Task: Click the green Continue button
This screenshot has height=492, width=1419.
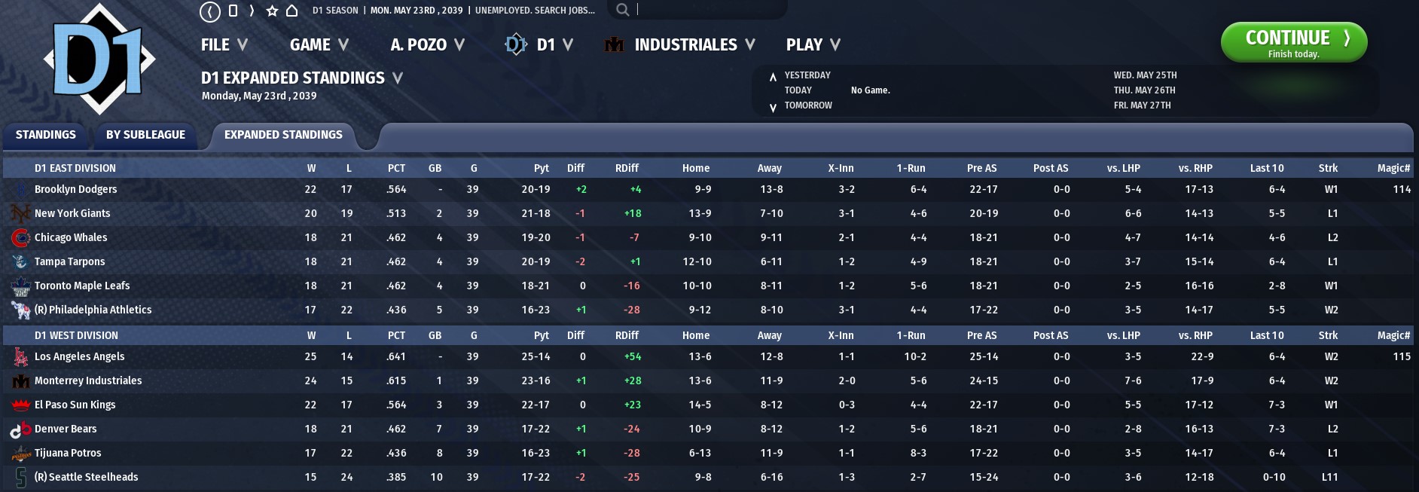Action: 1293,42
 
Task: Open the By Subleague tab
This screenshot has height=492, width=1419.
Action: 145,135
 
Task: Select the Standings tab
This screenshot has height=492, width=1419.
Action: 46,135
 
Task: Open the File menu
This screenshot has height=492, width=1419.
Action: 224,45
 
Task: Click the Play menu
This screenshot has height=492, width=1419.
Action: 813,45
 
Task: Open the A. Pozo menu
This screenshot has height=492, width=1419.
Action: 427,45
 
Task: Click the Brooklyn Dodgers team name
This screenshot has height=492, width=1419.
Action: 76,189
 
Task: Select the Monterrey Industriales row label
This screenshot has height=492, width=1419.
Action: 88,380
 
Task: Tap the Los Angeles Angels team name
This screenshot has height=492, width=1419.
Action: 80,356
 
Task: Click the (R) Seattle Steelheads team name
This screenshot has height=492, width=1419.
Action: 87,477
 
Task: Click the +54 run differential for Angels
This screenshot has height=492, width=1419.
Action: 633,356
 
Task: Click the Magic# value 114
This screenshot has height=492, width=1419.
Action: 1402,189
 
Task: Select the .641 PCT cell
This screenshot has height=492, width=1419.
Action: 396,356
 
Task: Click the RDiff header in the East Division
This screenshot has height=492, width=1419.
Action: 627,168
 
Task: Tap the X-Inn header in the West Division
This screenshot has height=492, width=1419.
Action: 841,335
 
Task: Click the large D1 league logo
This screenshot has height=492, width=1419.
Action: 100,59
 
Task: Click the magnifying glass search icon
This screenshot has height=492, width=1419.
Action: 622,10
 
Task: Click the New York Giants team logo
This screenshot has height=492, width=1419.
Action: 20,213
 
